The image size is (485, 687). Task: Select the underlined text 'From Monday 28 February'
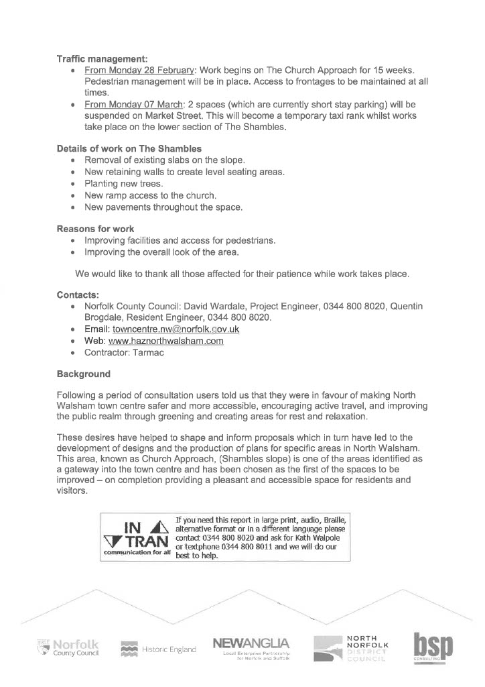click(139, 70)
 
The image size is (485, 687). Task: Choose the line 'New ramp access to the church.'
click(151, 196)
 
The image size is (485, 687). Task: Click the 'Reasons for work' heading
click(95, 229)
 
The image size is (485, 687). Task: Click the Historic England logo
click(159, 649)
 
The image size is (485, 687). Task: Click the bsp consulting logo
click(432, 648)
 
